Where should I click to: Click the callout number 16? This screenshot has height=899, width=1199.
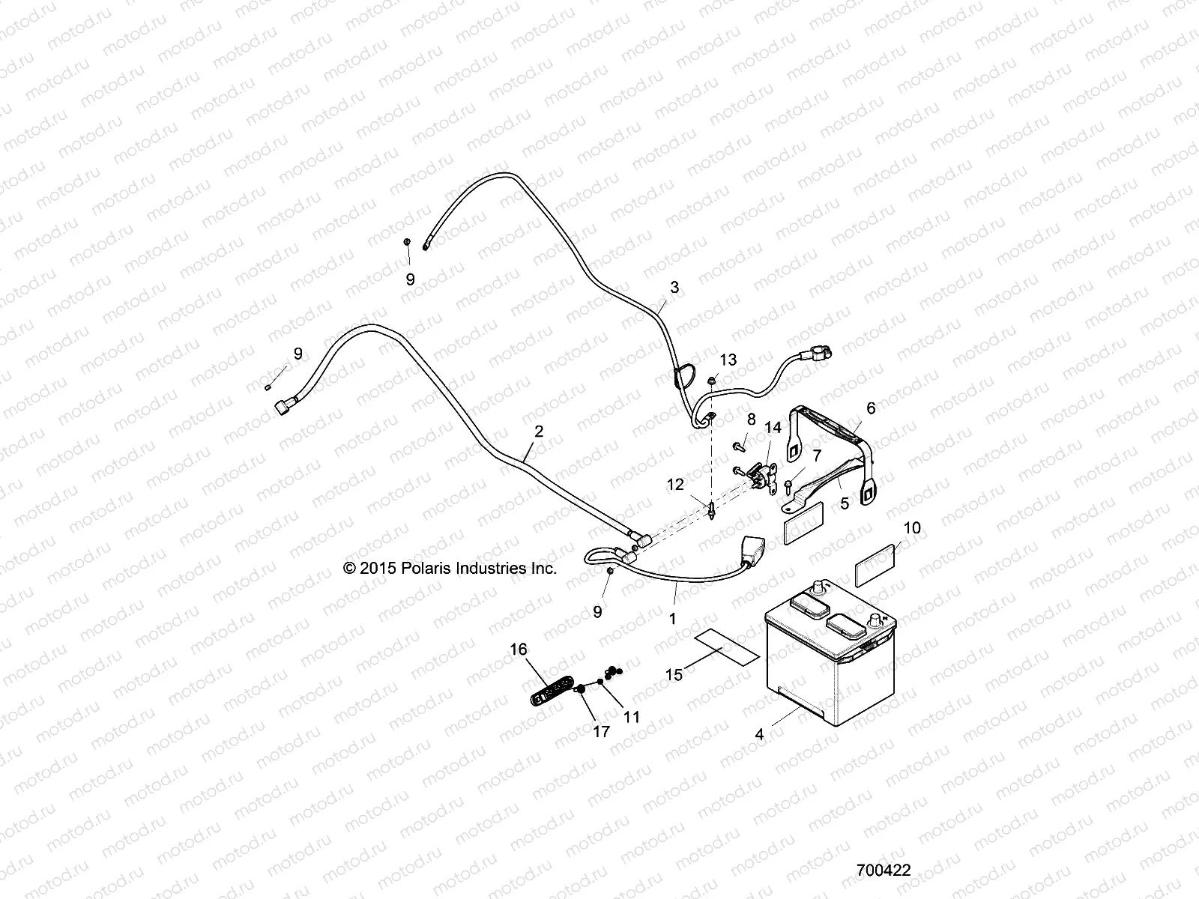519,649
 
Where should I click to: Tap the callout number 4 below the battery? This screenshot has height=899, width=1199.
759,735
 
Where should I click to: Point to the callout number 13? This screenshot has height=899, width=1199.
728,360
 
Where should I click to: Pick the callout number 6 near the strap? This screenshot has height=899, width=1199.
870,408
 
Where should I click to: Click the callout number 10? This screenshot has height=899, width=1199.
912,528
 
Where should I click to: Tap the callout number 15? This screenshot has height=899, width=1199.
674,675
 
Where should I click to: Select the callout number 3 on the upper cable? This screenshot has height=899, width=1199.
674,287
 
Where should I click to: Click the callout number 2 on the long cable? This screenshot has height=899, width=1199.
538,432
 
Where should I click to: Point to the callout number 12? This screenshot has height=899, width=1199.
676,485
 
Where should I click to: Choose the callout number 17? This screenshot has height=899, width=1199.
602,732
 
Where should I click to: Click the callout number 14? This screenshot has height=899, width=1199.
773,429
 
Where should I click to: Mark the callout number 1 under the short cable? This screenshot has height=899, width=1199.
672,619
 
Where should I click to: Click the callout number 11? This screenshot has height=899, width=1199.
632,717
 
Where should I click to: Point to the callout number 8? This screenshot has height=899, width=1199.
750,419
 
